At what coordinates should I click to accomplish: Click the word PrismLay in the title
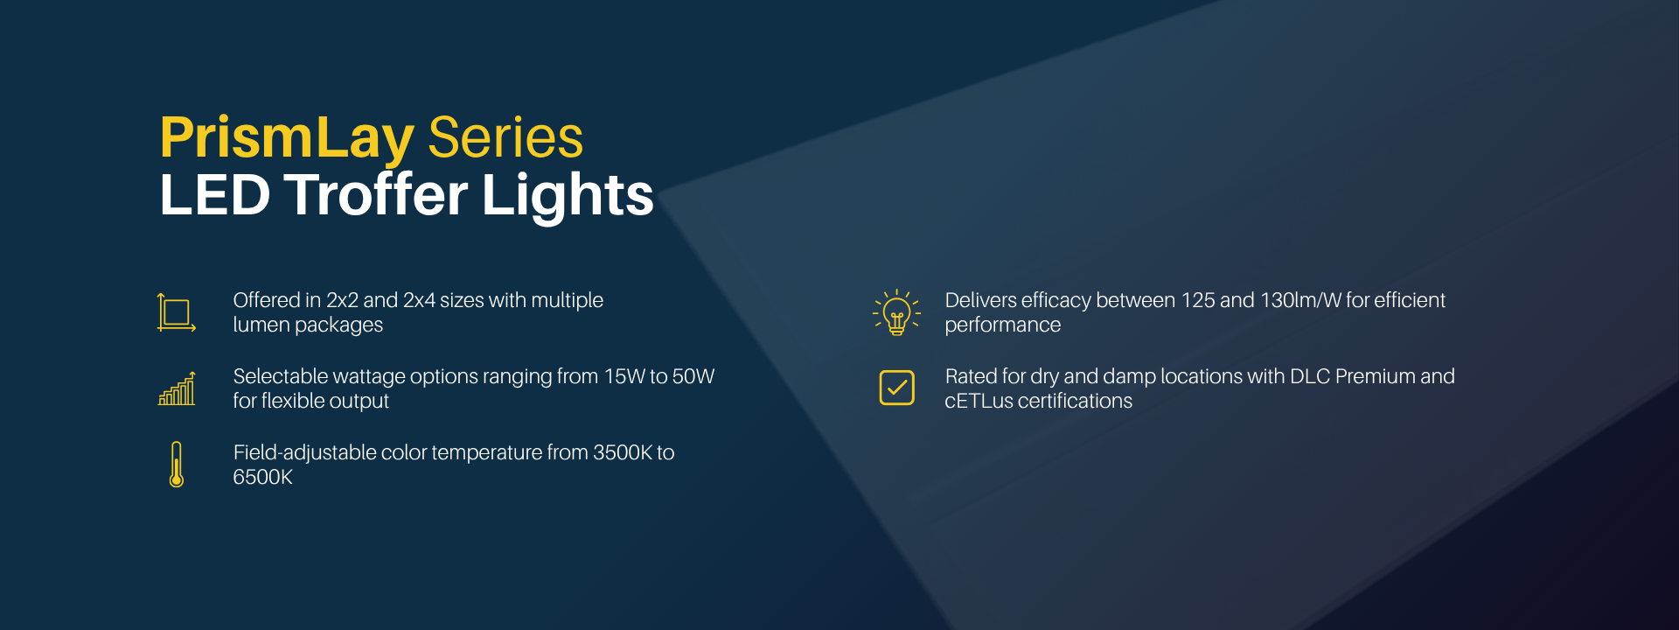point(287,139)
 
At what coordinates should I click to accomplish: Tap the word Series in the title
point(505,137)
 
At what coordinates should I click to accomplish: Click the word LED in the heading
point(215,194)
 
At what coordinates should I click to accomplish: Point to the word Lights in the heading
point(568,195)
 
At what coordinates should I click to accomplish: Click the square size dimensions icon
point(176,312)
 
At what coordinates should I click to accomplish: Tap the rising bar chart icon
point(176,388)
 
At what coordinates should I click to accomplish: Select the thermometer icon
point(177,465)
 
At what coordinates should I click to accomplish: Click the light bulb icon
point(896,312)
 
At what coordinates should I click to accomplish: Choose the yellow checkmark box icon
point(896,388)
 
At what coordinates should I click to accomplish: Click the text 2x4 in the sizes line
point(419,300)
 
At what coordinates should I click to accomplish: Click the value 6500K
point(262,477)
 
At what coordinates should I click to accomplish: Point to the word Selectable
point(280,376)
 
